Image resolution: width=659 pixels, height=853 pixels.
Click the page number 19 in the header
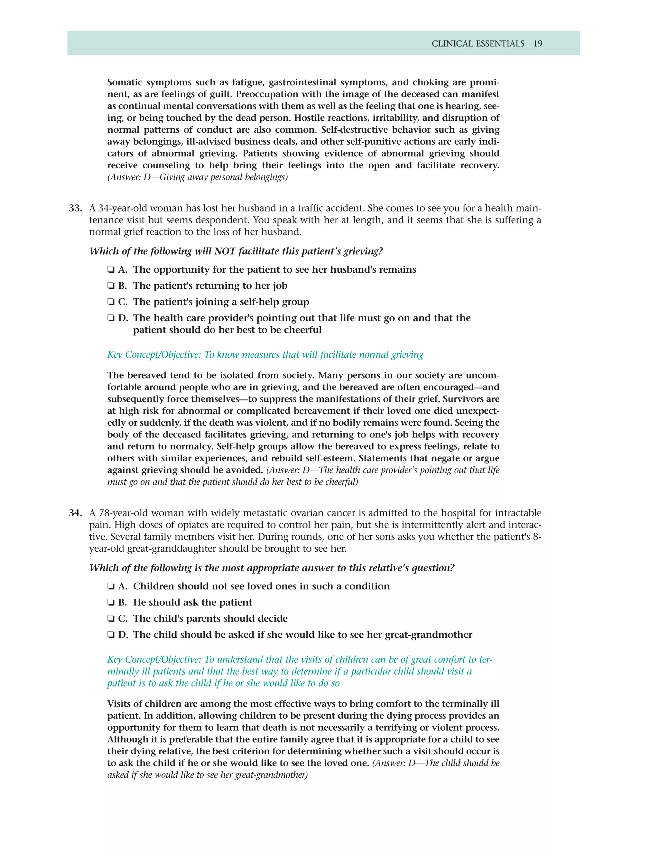click(x=538, y=44)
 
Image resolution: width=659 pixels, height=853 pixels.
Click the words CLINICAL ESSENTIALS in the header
click(x=478, y=44)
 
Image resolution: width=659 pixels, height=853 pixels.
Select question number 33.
click(x=75, y=208)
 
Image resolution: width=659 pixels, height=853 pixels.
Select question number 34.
click(x=75, y=513)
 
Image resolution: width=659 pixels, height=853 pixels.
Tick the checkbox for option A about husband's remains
click(x=111, y=270)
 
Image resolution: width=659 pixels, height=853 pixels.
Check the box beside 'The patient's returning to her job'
click(x=111, y=286)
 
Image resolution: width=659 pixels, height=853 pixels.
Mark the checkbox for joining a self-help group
click(x=111, y=302)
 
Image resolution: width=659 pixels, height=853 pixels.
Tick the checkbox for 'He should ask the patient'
click(x=111, y=603)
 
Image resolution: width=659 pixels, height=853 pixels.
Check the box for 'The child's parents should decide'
click(x=111, y=619)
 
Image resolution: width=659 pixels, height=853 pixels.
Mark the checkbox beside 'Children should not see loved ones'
click(x=111, y=586)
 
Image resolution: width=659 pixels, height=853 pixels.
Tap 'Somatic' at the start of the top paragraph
click(x=124, y=82)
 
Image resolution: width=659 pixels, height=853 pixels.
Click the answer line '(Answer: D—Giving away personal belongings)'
click(x=198, y=177)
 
